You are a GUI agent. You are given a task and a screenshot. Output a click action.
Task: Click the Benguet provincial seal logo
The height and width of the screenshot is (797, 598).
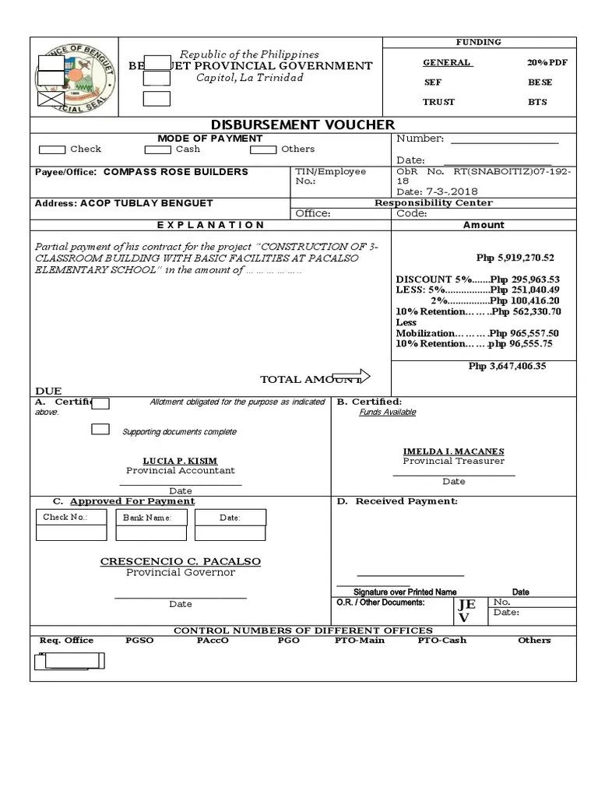76,77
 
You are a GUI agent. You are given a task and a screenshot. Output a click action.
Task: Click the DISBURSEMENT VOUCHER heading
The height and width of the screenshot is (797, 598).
303,125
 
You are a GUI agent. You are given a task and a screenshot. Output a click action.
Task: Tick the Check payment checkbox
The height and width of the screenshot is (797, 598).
52,149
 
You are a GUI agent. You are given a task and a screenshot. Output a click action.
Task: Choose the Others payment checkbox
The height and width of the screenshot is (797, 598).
263,149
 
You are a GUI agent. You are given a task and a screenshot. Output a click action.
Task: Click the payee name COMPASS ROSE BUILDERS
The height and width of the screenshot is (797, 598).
176,172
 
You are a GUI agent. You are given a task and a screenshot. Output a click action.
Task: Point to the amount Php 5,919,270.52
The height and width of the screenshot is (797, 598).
515,258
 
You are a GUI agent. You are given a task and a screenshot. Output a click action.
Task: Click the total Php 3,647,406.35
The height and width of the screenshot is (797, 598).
507,365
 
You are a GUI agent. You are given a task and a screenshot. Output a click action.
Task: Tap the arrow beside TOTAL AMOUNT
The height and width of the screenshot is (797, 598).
351,377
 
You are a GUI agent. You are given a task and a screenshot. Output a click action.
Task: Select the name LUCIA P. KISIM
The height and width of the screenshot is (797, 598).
180,461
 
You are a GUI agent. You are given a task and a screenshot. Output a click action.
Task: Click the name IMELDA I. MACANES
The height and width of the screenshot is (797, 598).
453,451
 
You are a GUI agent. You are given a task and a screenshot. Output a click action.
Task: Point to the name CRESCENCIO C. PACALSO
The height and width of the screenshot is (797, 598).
180,561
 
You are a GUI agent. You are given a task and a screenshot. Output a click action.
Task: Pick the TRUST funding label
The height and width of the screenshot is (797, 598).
438,102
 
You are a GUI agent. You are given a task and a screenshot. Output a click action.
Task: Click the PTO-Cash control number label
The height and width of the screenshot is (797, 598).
441,641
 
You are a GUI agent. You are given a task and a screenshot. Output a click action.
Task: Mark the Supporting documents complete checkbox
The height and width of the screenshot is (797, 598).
100,429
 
